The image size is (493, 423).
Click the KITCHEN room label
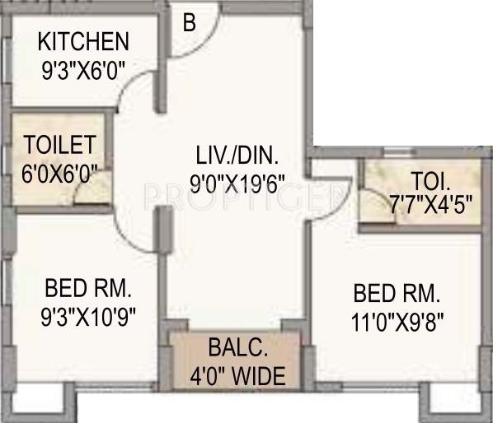click(82, 40)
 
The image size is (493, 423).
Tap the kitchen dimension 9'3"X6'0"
click(82, 71)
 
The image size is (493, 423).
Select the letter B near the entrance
click(189, 23)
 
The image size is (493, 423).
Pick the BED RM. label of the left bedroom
click(89, 289)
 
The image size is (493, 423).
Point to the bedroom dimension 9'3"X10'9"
click(89, 315)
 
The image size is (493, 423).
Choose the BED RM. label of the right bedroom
click(397, 293)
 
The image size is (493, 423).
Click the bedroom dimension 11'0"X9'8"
click(397, 321)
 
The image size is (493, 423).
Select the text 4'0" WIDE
click(237, 377)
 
